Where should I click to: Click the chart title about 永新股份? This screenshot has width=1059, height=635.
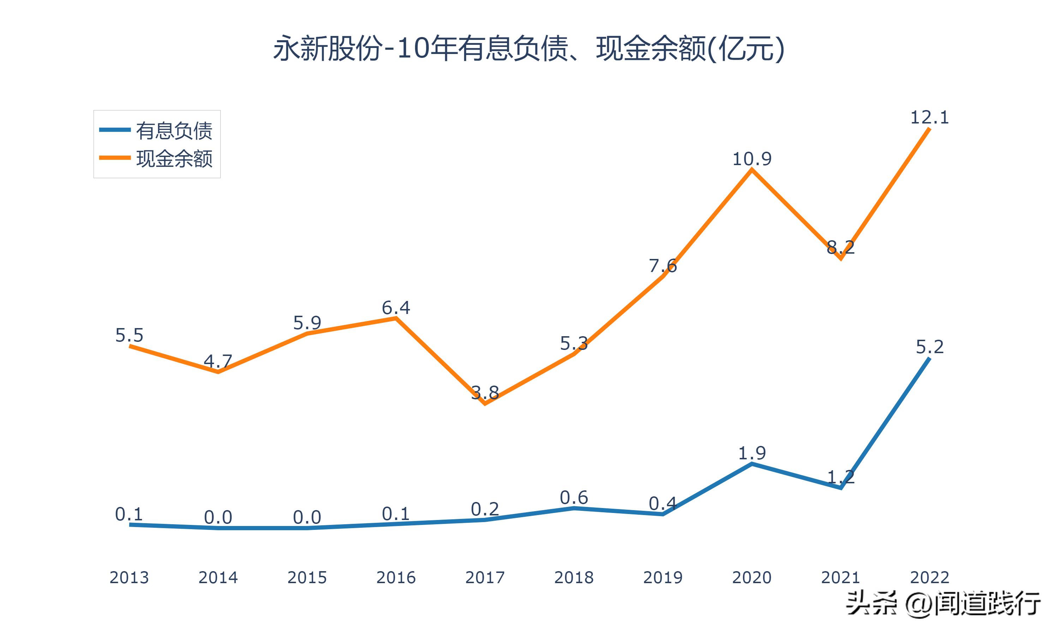[x=529, y=49]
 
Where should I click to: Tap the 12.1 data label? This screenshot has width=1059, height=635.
[x=929, y=117]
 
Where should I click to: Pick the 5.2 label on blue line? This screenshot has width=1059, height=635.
[x=929, y=346]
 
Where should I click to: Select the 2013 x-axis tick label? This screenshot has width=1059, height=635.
[x=129, y=577]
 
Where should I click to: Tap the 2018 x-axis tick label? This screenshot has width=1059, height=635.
[x=574, y=577]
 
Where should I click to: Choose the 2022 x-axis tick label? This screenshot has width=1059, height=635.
[x=929, y=577]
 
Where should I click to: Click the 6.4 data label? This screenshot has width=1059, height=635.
[x=396, y=308]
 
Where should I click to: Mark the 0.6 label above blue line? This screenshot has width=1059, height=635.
[x=574, y=498]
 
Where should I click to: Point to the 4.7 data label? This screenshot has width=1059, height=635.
[x=218, y=362]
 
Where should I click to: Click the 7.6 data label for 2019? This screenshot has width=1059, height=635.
[x=663, y=266]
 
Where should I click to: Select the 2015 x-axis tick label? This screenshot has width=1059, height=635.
[x=307, y=577]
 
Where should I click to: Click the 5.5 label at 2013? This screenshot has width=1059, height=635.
[x=129, y=335]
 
